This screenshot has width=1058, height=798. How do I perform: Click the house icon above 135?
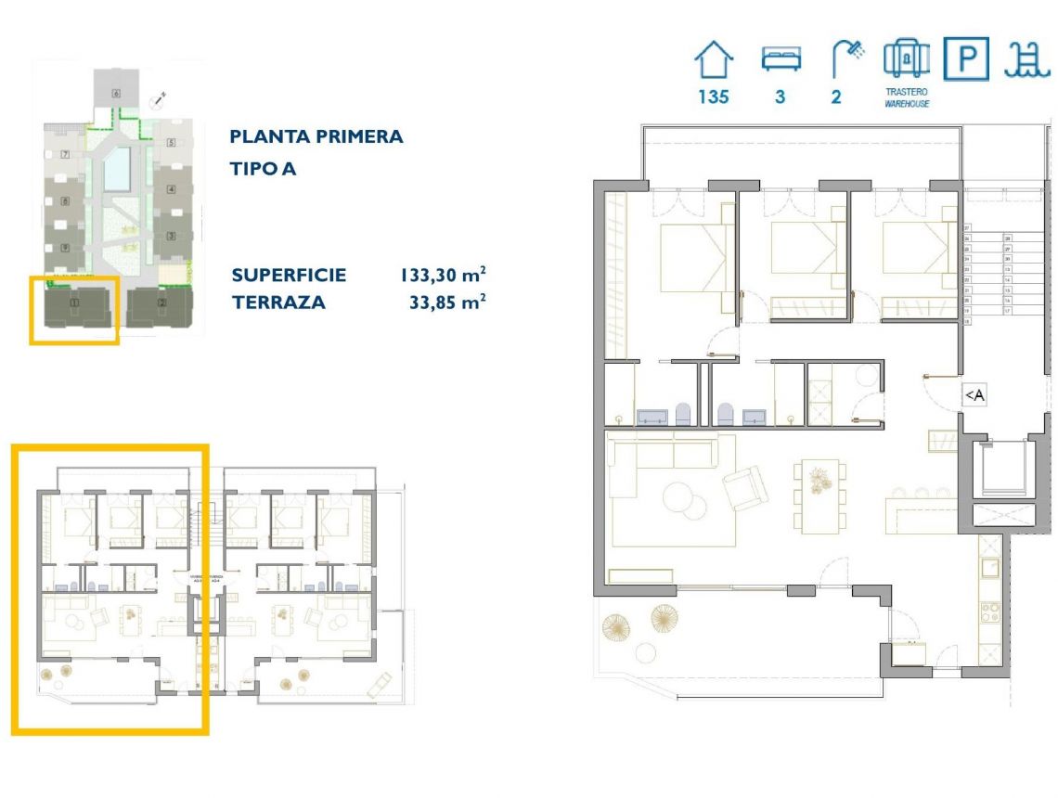coord(713,61)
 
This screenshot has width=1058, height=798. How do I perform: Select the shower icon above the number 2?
coord(845,59)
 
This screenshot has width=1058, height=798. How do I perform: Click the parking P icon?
coord(966,59)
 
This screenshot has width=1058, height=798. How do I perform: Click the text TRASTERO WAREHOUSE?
coord(906,98)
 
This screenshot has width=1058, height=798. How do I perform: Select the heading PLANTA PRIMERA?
coord(316,136)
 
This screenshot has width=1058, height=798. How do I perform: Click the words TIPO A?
coord(262,169)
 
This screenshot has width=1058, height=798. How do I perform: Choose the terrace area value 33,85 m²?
coord(448,302)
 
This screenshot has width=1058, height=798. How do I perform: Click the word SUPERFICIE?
coord(289,275)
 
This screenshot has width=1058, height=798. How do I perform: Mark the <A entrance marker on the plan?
coord(974,396)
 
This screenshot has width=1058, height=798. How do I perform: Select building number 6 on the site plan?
coord(116,91)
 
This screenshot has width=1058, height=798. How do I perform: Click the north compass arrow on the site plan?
coord(159,97)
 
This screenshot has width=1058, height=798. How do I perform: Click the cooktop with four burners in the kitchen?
coord(989,613)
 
